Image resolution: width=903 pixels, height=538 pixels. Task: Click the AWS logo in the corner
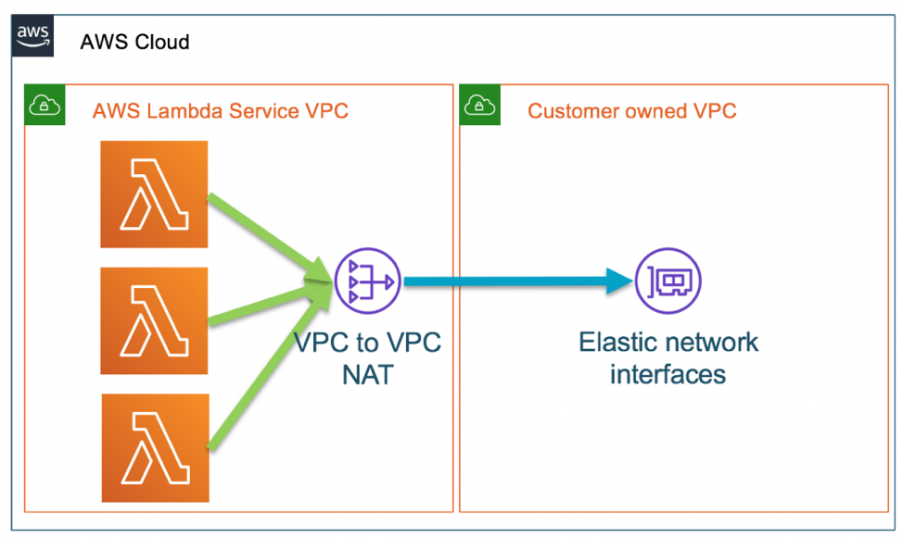[33, 39]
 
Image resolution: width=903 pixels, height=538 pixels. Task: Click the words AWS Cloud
[134, 42]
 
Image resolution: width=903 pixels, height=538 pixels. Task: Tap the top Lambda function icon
[154, 194]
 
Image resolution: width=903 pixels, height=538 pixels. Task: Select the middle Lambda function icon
[154, 320]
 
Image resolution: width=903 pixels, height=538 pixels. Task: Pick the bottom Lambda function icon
[154, 447]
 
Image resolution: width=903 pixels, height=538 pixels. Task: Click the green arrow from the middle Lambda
[264, 305]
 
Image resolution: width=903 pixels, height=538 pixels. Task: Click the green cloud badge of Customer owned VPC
[480, 106]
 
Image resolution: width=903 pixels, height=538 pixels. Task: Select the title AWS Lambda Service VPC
[220, 112]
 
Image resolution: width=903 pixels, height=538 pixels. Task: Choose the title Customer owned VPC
[631, 112]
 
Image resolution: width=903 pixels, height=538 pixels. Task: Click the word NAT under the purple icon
[367, 375]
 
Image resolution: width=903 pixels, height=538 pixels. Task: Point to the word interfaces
[668, 375]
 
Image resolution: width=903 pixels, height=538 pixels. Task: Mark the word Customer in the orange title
[572, 112]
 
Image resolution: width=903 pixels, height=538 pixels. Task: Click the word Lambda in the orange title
[177, 112]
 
